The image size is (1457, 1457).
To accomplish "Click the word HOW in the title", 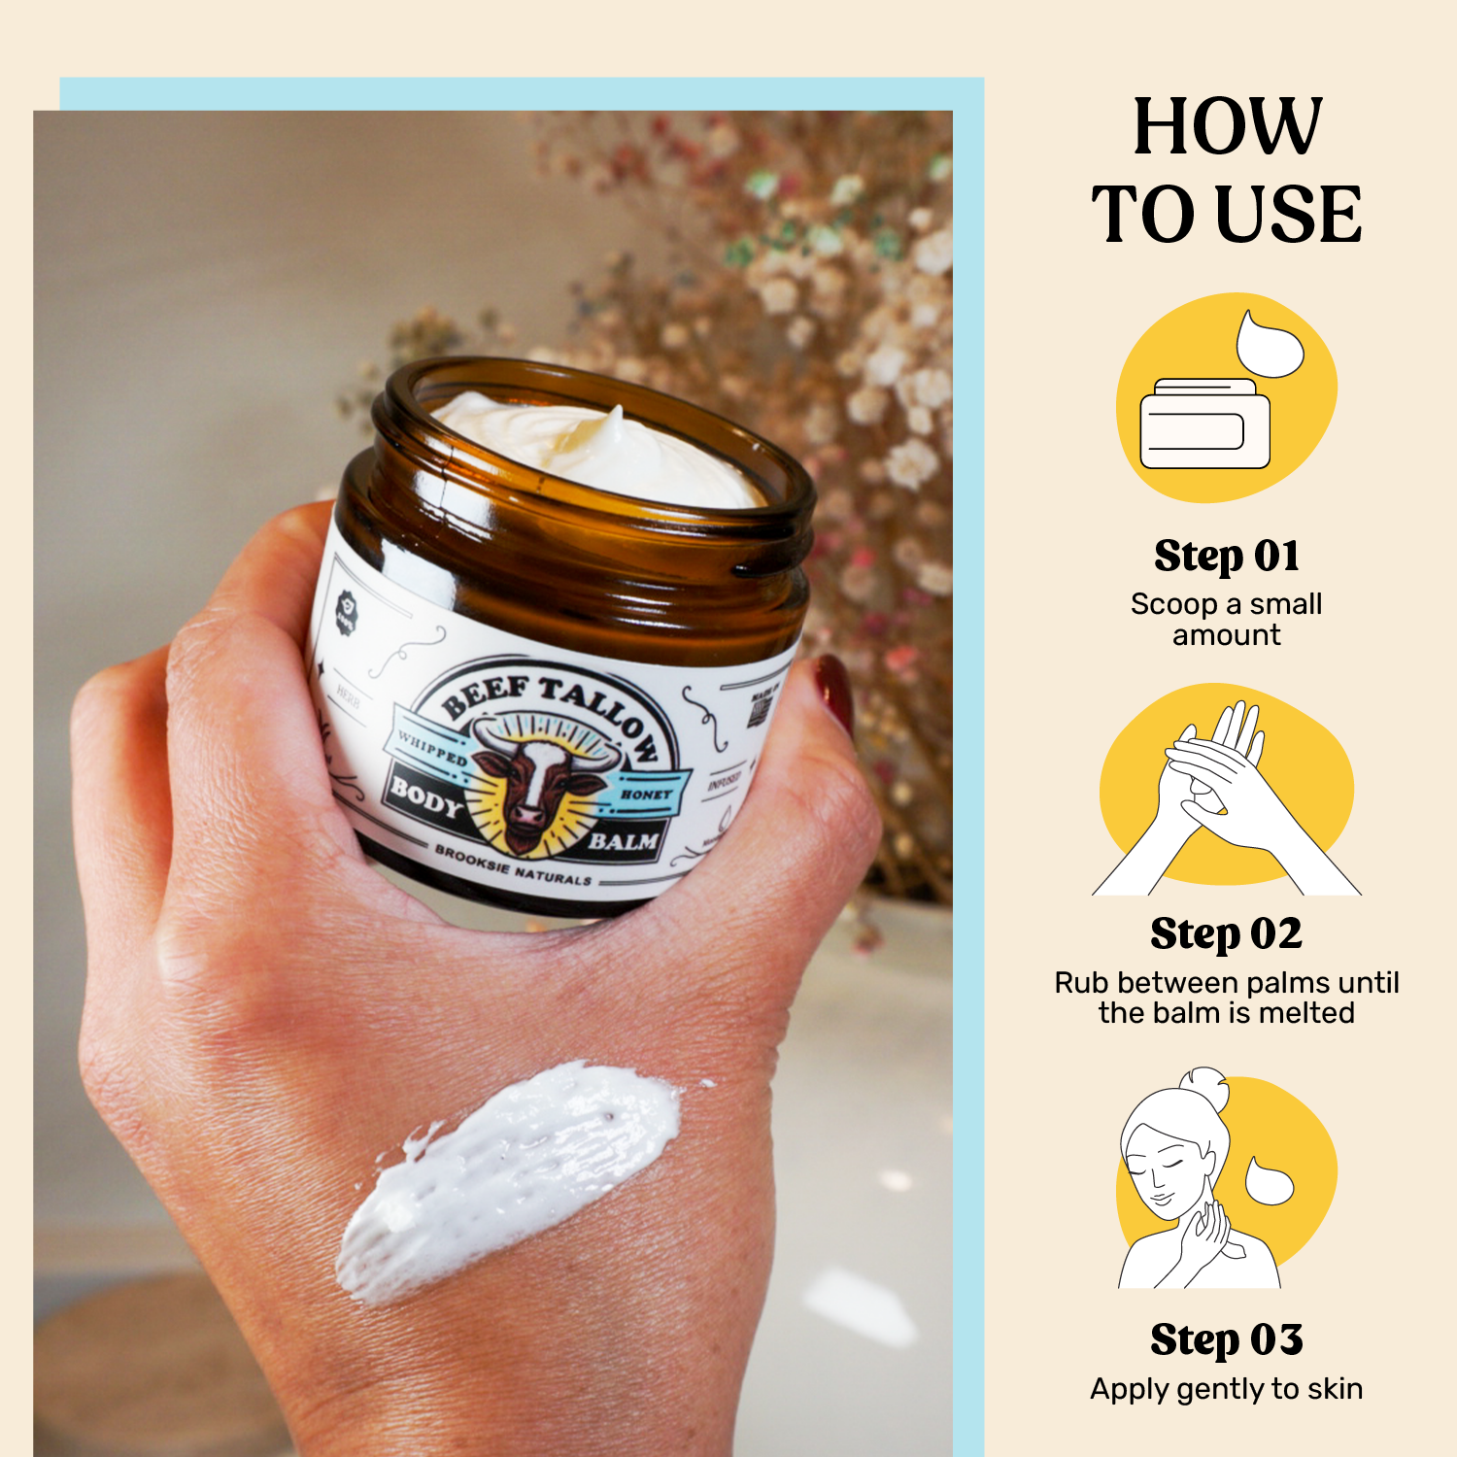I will [x=1228, y=126].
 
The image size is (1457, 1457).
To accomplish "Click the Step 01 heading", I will [x=1227, y=557].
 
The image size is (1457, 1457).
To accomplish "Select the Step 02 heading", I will [x=1226, y=934].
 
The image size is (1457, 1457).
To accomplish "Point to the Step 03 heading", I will [x=1226, y=1339].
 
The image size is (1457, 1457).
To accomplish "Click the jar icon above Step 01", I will [x=1204, y=424].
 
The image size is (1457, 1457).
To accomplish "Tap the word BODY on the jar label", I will [x=424, y=796].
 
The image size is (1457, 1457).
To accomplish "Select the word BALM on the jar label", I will [x=623, y=840].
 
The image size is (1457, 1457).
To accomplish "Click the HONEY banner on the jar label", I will [x=646, y=794].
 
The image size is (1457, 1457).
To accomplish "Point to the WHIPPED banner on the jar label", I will [x=432, y=749].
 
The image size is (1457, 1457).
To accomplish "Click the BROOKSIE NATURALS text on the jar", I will [x=512, y=865].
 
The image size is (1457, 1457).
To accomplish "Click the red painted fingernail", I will [x=834, y=692].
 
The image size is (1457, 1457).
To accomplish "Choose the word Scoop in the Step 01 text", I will [x=1173, y=604].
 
